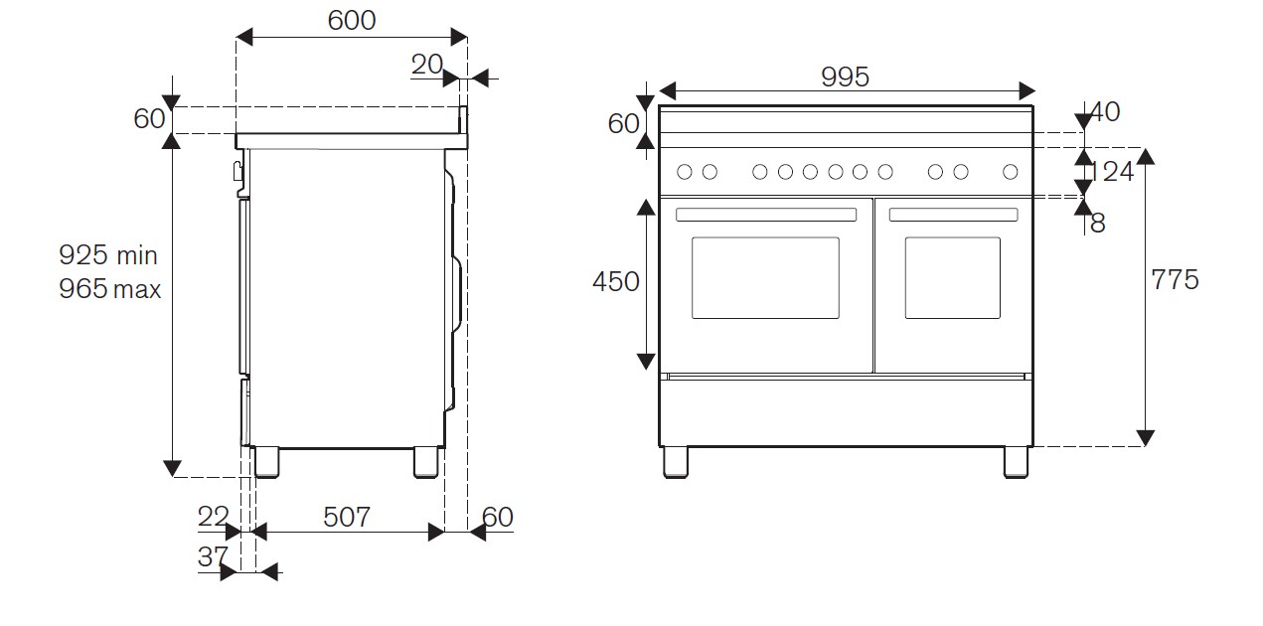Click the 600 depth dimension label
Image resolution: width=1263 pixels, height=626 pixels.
pos(351,19)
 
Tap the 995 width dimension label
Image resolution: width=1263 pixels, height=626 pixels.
pos(845,76)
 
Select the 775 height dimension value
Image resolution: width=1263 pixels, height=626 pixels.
pos(1175,279)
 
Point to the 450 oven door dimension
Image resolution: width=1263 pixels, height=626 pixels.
pos(616,282)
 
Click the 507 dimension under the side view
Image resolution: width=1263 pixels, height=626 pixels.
pos(346,517)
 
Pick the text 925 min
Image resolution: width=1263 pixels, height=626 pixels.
pos(108,255)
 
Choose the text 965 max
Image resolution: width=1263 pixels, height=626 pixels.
pos(108,290)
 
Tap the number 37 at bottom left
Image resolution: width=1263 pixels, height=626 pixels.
pos(212,556)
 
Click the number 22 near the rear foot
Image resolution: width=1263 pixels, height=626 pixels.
pos(214,517)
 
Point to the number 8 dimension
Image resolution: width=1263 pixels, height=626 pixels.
pos(1097,223)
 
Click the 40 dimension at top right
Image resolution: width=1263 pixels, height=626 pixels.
pos(1104,111)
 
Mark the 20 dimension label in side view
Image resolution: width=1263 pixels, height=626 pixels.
pos(426,65)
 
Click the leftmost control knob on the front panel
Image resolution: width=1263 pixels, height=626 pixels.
pos(684,172)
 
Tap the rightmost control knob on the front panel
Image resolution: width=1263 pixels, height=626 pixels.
pos(1011,172)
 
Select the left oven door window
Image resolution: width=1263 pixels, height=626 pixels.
pos(765,277)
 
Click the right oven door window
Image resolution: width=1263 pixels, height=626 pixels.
pos(952,277)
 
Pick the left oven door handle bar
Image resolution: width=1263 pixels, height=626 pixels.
pos(765,215)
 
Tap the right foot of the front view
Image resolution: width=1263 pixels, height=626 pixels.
pos(1017,461)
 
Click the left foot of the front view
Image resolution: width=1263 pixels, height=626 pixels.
pos(675,461)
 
